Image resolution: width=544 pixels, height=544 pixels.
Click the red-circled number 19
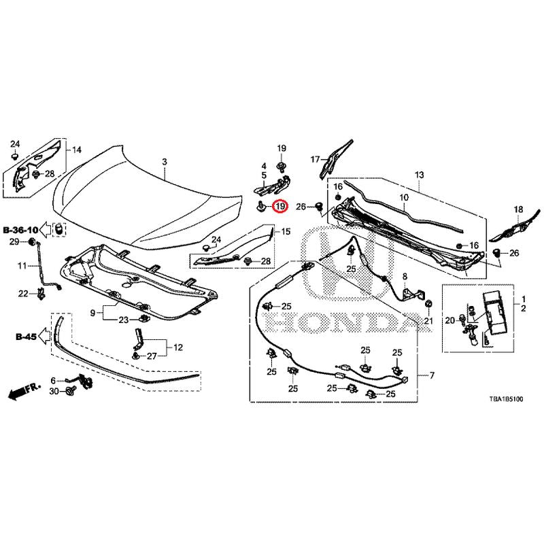(x=280, y=206)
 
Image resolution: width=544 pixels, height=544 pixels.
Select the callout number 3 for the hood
(x=164, y=162)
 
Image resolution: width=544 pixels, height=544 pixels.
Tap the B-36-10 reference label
(x=21, y=230)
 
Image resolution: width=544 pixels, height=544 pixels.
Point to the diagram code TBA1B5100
(x=506, y=403)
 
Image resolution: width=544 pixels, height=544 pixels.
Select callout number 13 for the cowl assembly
(x=420, y=175)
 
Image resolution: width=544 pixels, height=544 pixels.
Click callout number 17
(x=315, y=160)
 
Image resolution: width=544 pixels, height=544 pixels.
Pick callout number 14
(x=77, y=150)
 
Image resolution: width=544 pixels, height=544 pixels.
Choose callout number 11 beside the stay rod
(x=22, y=265)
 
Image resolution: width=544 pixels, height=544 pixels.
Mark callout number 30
(x=54, y=392)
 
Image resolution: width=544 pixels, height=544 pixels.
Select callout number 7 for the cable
(x=430, y=375)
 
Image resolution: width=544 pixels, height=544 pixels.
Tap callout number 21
(x=428, y=321)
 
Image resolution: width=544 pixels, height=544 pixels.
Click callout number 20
(x=449, y=321)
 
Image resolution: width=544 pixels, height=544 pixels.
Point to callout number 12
(x=177, y=347)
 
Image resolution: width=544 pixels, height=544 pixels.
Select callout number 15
(x=286, y=232)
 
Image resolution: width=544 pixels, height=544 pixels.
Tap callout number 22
(x=23, y=294)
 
